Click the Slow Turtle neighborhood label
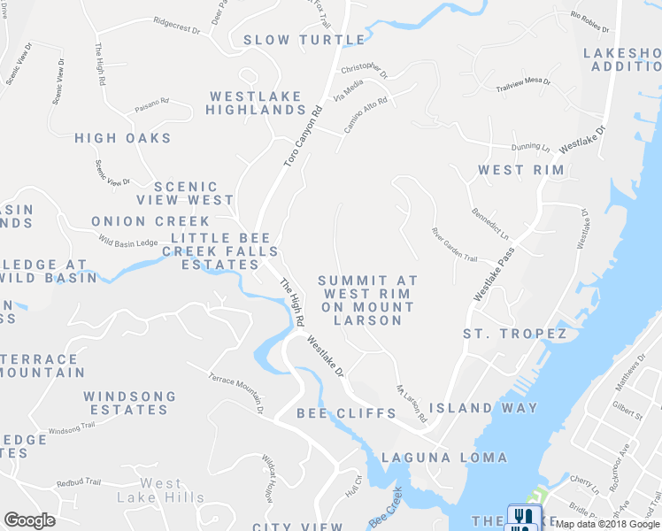(x=304, y=40)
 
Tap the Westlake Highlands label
(x=255, y=103)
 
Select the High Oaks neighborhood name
(x=123, y=138)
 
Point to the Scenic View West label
(x=193, y=193)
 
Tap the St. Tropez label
(x=514, y=334)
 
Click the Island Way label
(x=483, y=408)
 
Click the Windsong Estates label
(x=129, y=403)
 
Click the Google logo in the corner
(x=29, y=520)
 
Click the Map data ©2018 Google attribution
(x=607, y=524)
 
